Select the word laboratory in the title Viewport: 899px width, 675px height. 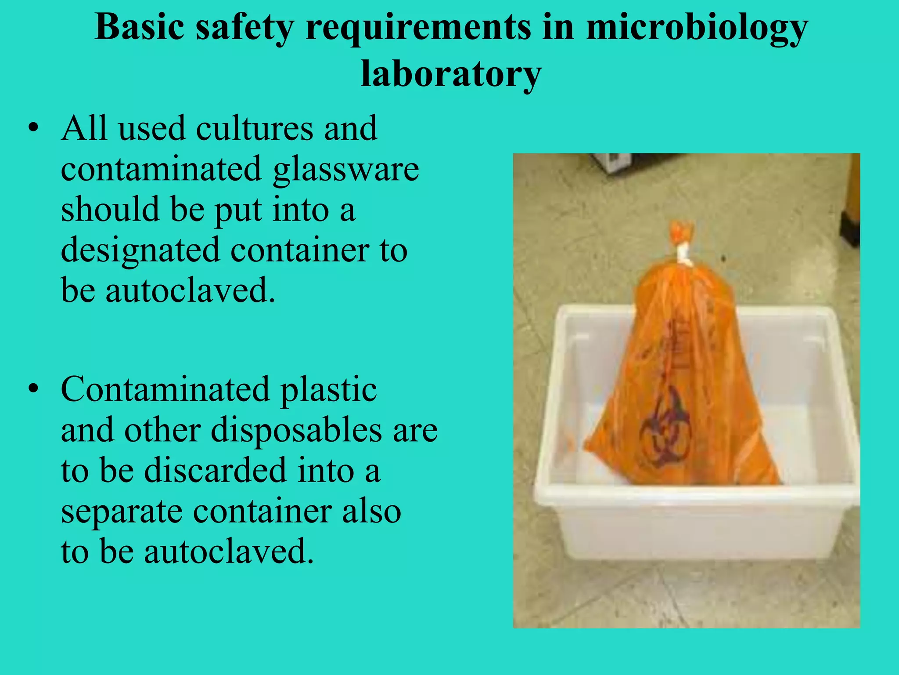(451, 74)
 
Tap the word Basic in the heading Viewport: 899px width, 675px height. (139, 27)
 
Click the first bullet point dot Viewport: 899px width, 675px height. (33, 129)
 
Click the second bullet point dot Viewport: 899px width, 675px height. (33, 389)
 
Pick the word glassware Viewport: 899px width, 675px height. (345, 170)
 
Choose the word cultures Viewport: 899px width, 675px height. (255, 128)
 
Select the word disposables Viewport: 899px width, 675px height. (296, 430)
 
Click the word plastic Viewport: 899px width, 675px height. (328, 389)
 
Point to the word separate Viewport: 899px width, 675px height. (122, 512)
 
